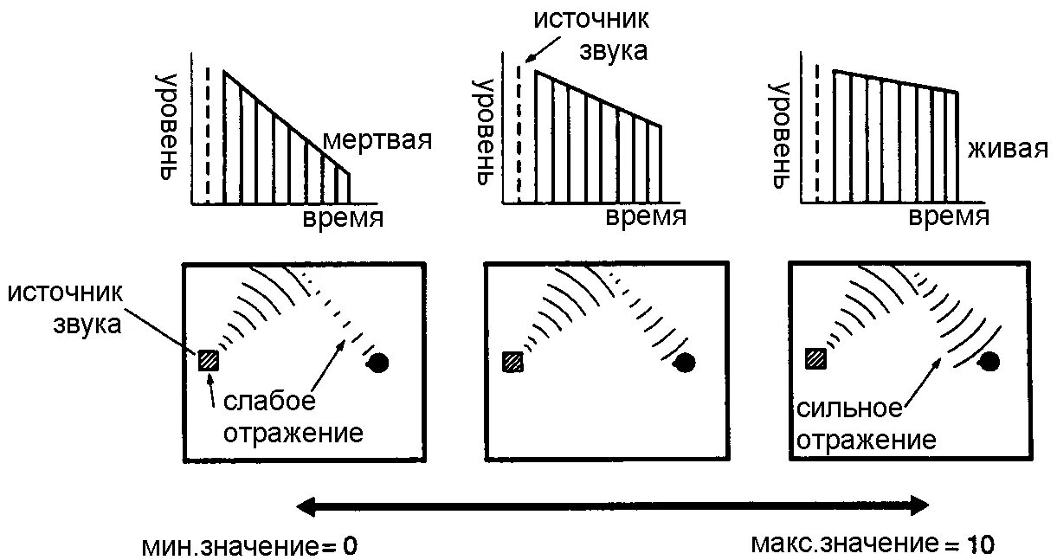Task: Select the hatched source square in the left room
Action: pyautogui.click(x=209, y=360)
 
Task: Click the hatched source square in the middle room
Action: pyautogui.click(x=512, y=362)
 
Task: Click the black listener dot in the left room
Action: pyautogui.click(x=379, y=363)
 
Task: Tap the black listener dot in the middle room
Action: pyautogui.click(x=685, y=363)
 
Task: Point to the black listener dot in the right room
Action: pyautogui.click(x=989, y=362)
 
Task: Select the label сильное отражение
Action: pyautogui.click(x=866, y=424)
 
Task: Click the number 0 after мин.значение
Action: pyautogui.click(x=350, y=547)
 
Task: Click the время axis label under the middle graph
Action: pyautogui.click(x=646, y=216)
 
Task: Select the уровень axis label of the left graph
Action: pyautogui.click(x=168, y=126)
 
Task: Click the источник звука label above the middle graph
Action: pyautogui.click(x=590, y=35)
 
